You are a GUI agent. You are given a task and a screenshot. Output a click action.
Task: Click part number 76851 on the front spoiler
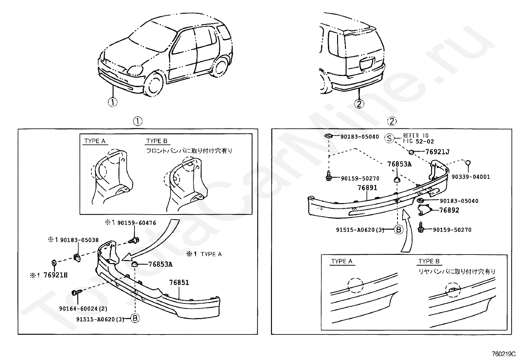click(x=179, y=282)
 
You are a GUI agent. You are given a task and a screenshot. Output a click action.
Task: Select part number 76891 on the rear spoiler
click(x=367, y=188)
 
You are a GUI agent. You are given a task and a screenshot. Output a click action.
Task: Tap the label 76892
click(x=449, y=210)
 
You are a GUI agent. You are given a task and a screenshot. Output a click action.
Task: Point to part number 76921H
click(x=55, y=275)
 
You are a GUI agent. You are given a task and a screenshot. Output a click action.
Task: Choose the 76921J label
click(x=437, y=152)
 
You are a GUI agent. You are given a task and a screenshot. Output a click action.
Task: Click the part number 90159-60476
click(x=136, y=223)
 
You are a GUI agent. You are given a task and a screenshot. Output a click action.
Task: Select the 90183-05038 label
click(x=79, y=240)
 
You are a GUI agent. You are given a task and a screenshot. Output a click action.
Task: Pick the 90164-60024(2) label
click(x=83, y=309)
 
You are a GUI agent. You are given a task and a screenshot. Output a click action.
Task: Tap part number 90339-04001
click(x=471, y=177)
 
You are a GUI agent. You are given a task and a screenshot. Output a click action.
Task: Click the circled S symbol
click(x=389, y=138)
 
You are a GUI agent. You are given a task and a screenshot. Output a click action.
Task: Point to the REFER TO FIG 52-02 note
click(x=416, y=138)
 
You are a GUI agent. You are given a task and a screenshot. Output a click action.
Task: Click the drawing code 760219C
click(x=504, y=354)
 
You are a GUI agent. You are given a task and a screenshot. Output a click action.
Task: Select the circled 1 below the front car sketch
click(x=112, y=102)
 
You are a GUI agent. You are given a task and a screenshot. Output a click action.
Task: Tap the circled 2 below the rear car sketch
click(x=359, y=104)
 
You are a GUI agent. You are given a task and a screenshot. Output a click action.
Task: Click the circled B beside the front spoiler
click(x=135, y=318)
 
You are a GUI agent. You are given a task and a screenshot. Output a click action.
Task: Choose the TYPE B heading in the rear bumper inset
click(x=429, y=261)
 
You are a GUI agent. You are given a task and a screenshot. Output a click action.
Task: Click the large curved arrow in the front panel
click(x=154, y=242)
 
